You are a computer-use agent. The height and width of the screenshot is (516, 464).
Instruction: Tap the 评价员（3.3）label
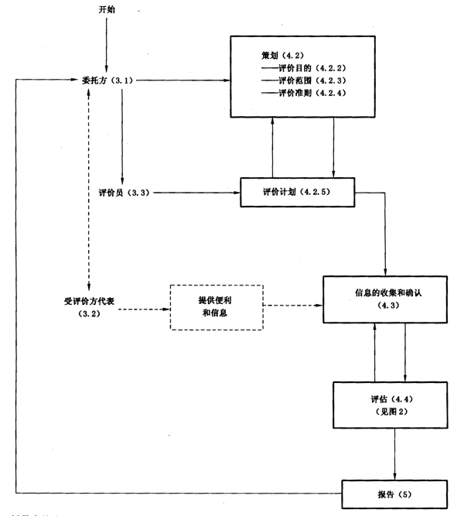tap(118, 191)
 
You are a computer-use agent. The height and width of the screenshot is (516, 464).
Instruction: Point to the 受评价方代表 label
tap(91, 301)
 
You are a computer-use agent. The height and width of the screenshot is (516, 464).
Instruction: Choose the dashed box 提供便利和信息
tap(217, 306)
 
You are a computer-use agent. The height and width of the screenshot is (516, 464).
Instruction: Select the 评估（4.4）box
tap(390, 405)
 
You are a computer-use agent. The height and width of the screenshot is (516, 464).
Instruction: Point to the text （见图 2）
tap(389, 412)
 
